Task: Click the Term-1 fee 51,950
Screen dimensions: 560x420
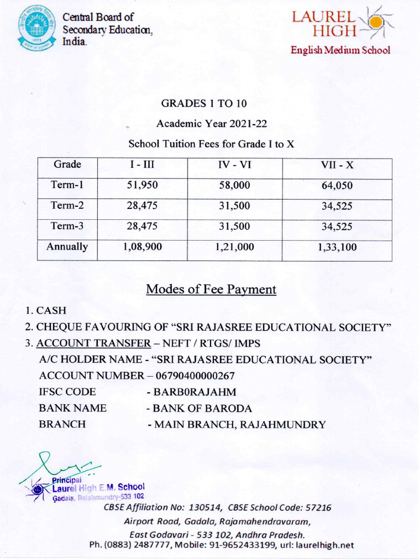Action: (x=142, y=185)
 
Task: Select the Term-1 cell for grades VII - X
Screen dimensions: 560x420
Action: (x=337, y=186)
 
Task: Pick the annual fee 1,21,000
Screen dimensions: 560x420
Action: (x=235, y=247)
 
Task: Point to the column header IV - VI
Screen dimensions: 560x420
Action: (x=235, y=165)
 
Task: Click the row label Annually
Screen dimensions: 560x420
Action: (x=67, y=247)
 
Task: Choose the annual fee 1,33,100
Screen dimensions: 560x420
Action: (x=337, y=248)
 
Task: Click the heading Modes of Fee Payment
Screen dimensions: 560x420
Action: (x=211, y=290)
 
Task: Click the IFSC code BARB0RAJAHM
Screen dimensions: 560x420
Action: (x=190, y=392)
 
